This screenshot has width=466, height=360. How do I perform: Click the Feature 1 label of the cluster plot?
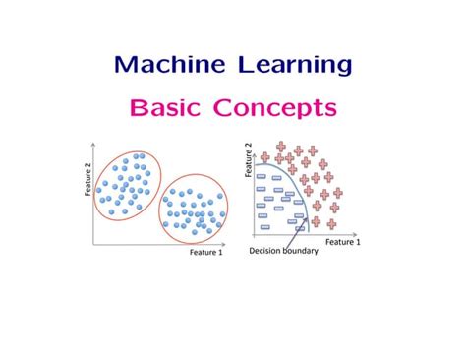(x=205, y=252)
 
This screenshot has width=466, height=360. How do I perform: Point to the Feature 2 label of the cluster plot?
(x=87, y=179)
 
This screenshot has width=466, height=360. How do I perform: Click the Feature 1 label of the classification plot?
(x=342, y=241)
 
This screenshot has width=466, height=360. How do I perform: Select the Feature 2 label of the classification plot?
(x=248, y=157)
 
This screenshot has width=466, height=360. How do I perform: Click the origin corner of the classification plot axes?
(x=255, y=234)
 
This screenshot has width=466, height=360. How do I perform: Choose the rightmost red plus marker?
(x=339, y=193)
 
